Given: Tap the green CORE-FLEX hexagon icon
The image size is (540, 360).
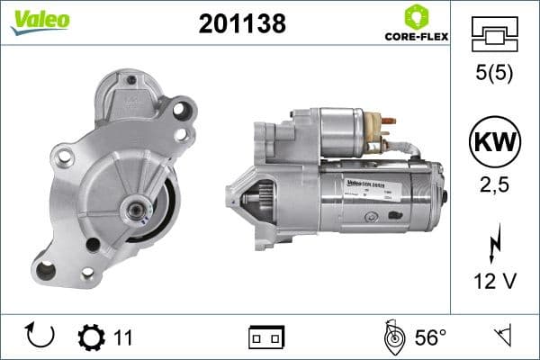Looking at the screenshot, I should (x=417, y=16).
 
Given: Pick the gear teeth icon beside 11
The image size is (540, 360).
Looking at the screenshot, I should (x=92, y=337).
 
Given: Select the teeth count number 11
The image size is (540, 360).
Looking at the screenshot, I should (x=123, y=337).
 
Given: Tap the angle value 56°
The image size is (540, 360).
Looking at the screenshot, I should (x=430, y=337).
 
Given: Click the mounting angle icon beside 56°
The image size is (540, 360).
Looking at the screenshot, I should (x=393, y=337).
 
